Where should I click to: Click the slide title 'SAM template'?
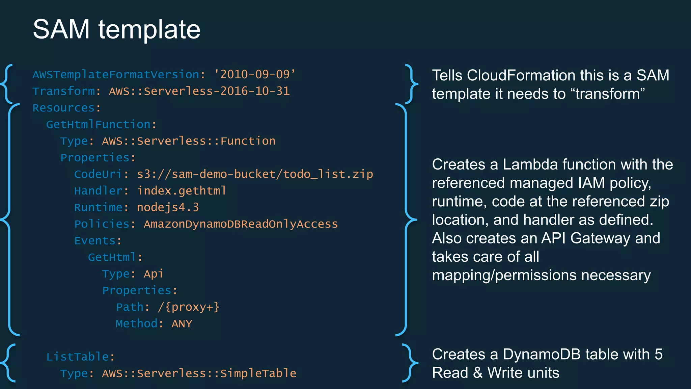116,29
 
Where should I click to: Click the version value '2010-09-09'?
255,74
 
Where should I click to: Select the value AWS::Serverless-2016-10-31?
199,91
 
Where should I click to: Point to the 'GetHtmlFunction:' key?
101,125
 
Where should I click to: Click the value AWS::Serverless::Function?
189,141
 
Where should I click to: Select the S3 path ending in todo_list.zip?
255,174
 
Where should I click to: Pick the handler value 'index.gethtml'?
181,191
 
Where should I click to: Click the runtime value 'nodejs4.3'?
168,207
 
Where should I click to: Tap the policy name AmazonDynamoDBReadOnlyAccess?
241,224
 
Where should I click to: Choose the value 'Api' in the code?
154,274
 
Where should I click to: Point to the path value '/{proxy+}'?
188,307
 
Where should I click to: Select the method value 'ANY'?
182,324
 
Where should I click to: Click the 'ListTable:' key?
80,357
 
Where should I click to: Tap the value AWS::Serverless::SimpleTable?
199,373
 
